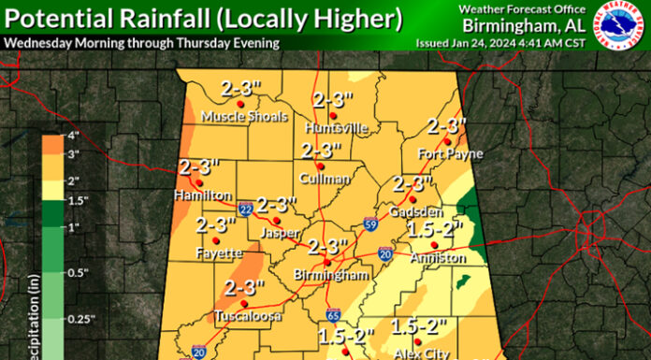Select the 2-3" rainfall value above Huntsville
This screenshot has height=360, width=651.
333,100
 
